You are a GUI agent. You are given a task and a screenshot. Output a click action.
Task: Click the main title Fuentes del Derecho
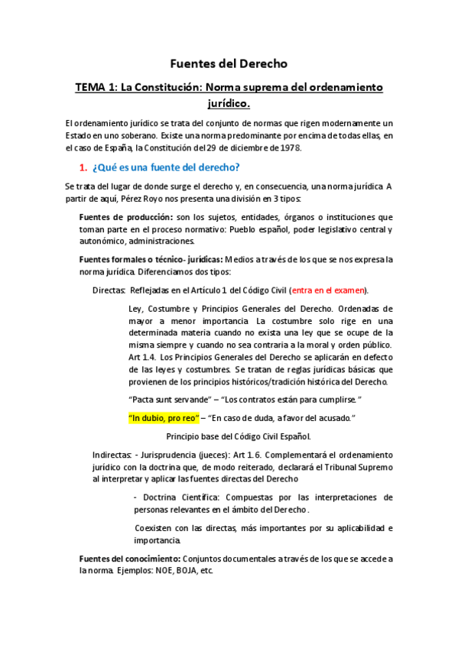tap(229, 63)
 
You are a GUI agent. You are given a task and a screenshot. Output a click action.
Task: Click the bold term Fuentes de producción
tap(125, 218)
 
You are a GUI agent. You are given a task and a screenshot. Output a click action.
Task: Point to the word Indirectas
tap(112, 455)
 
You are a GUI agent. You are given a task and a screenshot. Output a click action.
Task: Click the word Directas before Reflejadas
tap(109, 290)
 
